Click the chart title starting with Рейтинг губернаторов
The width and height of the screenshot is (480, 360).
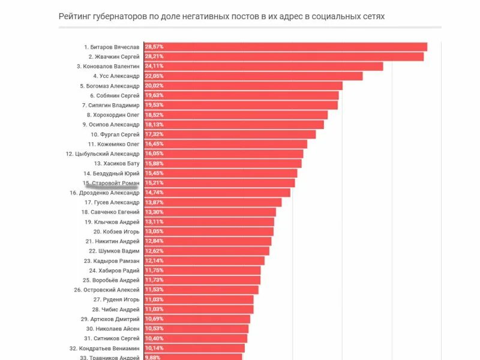coord(221,16)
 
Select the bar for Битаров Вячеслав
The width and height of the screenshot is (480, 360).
coord(286,47)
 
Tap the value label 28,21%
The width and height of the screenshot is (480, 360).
coord(154,56)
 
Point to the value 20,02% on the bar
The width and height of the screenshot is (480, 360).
coord(154,86)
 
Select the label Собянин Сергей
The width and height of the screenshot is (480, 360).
coord(115,95)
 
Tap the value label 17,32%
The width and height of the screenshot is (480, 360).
coord(154,134)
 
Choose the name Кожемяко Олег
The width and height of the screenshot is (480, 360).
coord(113,144)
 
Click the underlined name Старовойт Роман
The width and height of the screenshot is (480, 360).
coord(111,182)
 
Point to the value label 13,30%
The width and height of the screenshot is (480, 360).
coord(154,212)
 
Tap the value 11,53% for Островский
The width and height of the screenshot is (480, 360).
coord(154,290)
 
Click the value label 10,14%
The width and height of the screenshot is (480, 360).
coord(154,348)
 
